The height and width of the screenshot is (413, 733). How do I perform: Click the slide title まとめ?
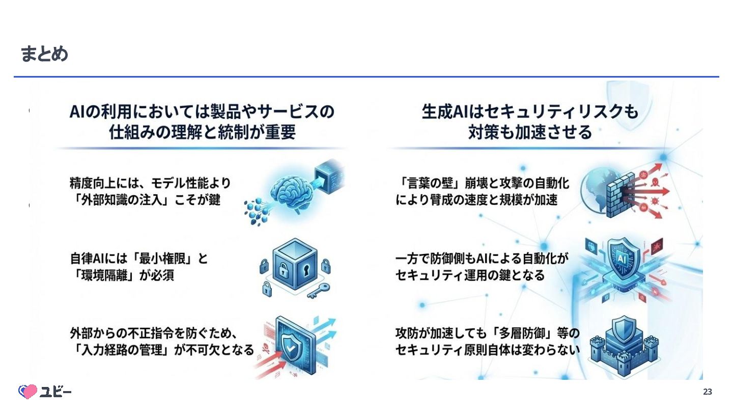[44, 54]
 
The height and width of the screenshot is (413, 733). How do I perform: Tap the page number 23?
[708, 392]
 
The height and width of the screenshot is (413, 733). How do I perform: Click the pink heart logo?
[28, 391]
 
